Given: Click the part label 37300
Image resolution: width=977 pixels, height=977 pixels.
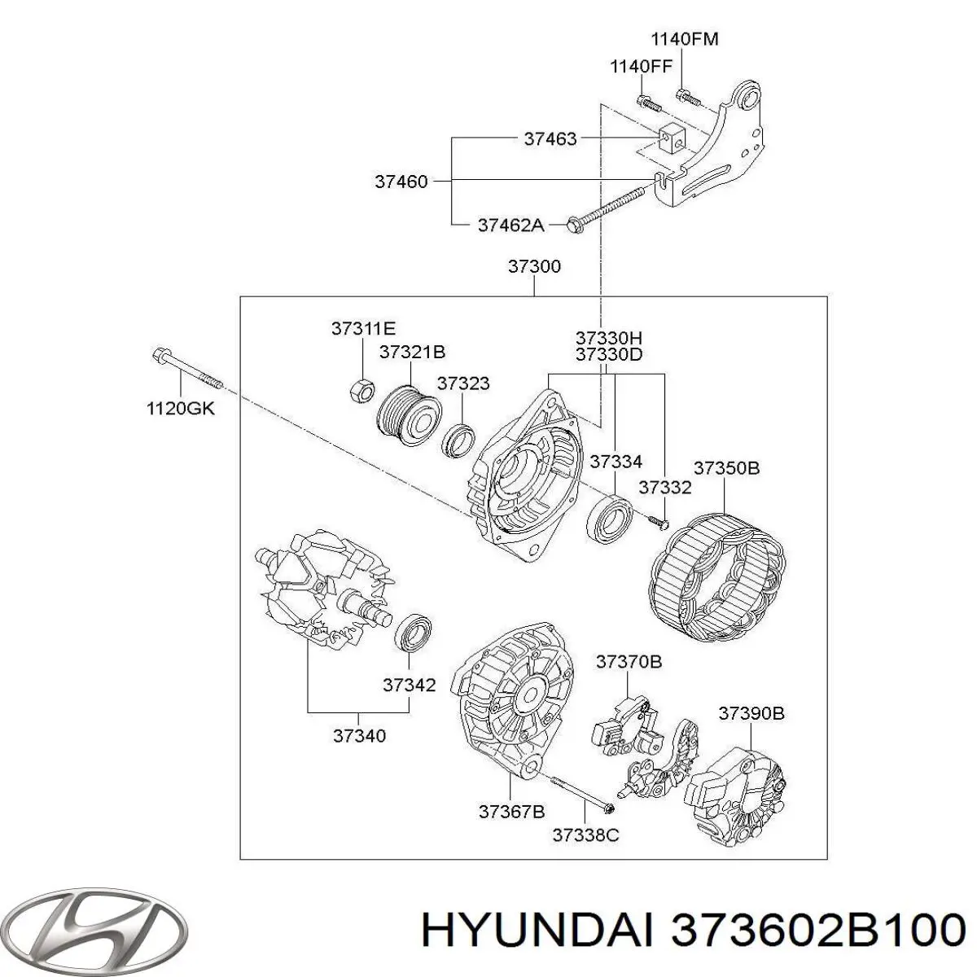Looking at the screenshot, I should [534, 266].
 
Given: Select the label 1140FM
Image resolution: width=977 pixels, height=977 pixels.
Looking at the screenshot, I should [684, 39].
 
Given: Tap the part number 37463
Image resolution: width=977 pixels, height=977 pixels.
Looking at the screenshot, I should [550, 138].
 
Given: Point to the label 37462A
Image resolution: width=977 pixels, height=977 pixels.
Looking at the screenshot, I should [510, 225].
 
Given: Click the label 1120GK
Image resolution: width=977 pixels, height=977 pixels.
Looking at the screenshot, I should [180, 409].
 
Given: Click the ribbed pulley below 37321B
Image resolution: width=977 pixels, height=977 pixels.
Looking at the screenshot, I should [408, 414].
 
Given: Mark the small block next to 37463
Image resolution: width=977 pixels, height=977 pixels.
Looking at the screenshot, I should [671, 139].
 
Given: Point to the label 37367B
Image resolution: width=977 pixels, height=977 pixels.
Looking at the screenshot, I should [511, 811].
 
